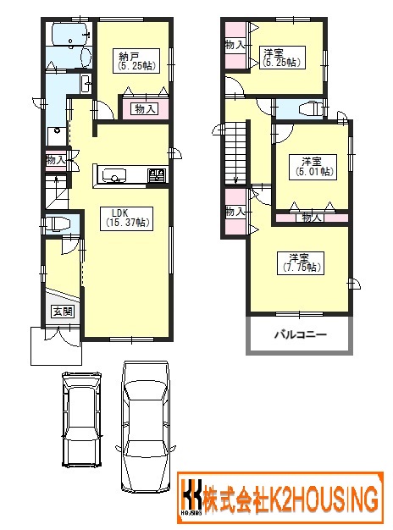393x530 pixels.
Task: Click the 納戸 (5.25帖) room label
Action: point(136,60)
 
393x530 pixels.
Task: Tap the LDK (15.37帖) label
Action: point(126,218)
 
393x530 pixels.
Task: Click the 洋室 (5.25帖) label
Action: point(282,58)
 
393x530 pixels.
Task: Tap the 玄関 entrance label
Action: point(63,312)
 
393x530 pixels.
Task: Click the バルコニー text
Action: point(301,335)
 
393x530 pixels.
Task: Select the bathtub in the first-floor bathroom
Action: point(70,34)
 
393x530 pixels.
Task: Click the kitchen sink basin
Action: point(114,174)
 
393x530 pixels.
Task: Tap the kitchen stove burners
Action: point(158,174)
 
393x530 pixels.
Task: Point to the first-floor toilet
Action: point(58,224)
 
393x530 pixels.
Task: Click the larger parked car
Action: point(147,427)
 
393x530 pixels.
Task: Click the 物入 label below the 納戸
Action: point(145,109)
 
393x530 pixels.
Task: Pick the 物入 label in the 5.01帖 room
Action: point(311,218)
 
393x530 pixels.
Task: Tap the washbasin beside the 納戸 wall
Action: point(86,83)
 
